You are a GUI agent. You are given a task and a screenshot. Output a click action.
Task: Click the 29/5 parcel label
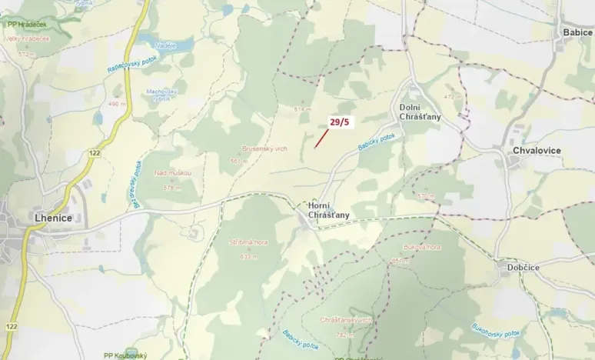(339, 122)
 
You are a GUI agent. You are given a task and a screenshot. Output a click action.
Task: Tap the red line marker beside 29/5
(321, 138)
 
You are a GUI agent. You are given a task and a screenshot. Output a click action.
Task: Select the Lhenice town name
(53, 218)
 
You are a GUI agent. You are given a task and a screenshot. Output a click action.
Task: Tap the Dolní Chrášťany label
(420, 111)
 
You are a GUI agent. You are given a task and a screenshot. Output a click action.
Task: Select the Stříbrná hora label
(247, 242)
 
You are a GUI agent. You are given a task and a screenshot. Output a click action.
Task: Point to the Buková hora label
(422, 248)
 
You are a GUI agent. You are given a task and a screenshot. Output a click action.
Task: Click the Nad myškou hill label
(172, 173)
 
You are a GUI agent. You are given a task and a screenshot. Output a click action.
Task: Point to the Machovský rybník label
(162, 95)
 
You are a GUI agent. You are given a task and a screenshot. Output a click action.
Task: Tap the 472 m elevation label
(451, 96)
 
